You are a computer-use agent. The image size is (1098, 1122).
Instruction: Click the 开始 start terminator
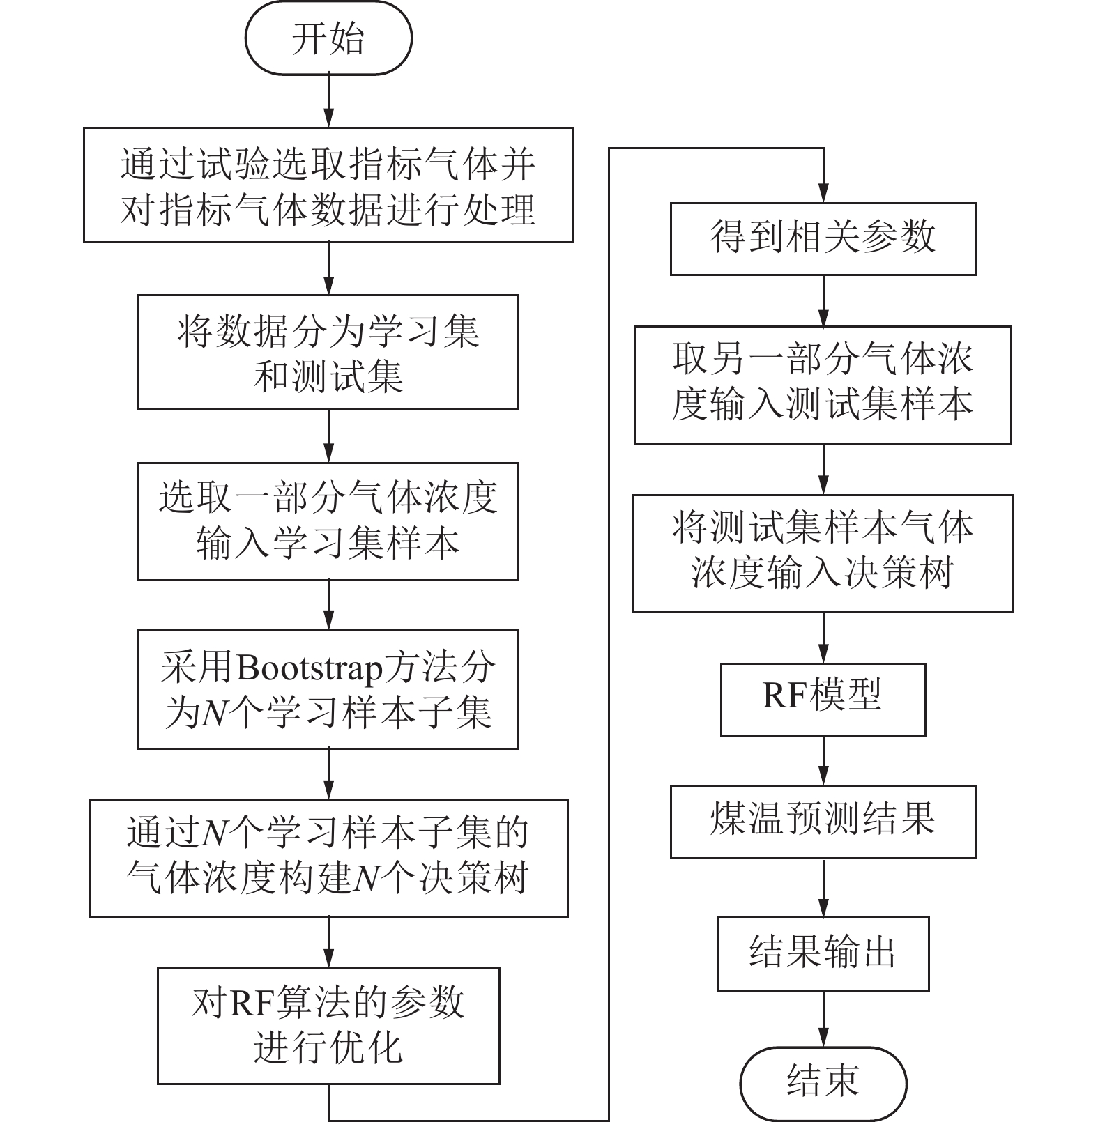[328, 39]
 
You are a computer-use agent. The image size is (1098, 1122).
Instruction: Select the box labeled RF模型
[823, 699]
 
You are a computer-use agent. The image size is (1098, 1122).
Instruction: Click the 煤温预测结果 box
[823, 822]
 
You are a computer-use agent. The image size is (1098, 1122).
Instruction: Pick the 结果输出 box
[823, 953]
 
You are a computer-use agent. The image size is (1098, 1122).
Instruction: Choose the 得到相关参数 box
[823, 238]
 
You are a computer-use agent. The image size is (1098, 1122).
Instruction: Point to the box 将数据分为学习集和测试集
[328, 352]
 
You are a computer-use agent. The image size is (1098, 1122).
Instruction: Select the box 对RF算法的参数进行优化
[328, 1024]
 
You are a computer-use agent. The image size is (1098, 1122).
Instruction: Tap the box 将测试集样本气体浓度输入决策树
[823, 553]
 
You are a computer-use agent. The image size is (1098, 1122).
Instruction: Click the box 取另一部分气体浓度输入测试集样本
[823, 385]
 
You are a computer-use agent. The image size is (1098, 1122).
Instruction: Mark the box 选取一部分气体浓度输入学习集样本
[328, 521]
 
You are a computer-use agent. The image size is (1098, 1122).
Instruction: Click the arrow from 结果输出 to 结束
[823, 1020]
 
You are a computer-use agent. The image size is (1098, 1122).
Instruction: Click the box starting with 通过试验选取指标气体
[328, 185]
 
